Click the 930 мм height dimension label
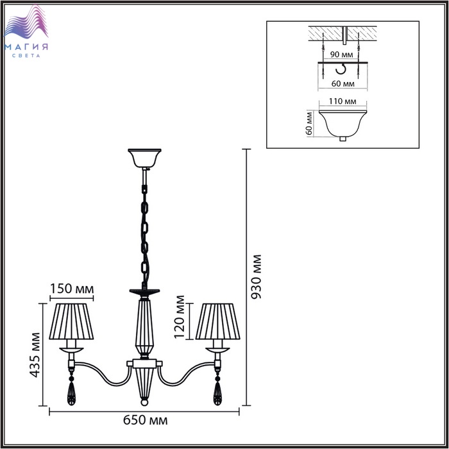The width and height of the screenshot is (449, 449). coord(257,276)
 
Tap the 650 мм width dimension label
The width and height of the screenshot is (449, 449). coord(145,420)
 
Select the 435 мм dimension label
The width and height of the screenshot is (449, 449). coord(35,355)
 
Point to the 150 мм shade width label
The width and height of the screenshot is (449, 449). coord(72,289)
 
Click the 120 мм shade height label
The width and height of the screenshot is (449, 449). coord(179,317)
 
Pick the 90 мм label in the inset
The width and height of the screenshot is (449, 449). coord(341,54)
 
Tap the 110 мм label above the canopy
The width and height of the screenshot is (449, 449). coord(343,101)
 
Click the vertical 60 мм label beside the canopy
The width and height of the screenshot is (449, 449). coord(309,123)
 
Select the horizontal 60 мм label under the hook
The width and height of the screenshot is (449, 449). coord(343,83)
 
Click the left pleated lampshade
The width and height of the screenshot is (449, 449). coord(71,321)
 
